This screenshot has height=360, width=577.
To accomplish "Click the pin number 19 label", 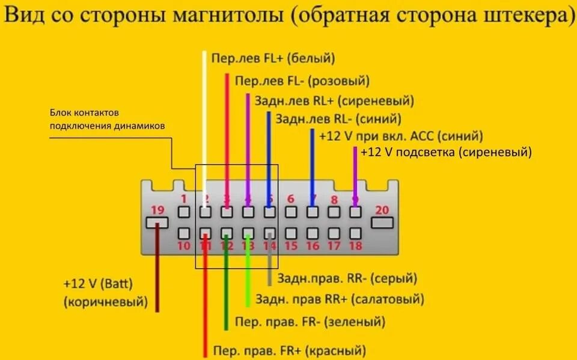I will (157, 210).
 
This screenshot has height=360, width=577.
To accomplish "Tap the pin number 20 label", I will (382, 210).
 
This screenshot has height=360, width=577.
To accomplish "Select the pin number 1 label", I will (184, 199).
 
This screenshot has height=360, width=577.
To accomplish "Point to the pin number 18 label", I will (355, 245).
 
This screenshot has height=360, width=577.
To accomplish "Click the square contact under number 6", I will (291, 212).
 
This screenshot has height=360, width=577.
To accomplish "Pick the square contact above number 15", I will (291, 233).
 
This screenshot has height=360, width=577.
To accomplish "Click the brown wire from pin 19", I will (157, 270).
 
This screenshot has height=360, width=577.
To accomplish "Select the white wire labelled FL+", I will (205, 120).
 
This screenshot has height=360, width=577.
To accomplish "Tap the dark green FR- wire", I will (226, 288).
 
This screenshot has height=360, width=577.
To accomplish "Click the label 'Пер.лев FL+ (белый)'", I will (273, 58).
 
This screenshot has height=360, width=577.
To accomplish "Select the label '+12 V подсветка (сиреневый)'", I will (446, 152).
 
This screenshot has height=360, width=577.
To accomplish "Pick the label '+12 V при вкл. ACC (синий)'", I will (401, 136).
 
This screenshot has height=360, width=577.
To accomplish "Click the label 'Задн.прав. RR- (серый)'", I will (346, 278).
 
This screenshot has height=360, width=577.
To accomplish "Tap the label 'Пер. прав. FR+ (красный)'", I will (289, 350).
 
